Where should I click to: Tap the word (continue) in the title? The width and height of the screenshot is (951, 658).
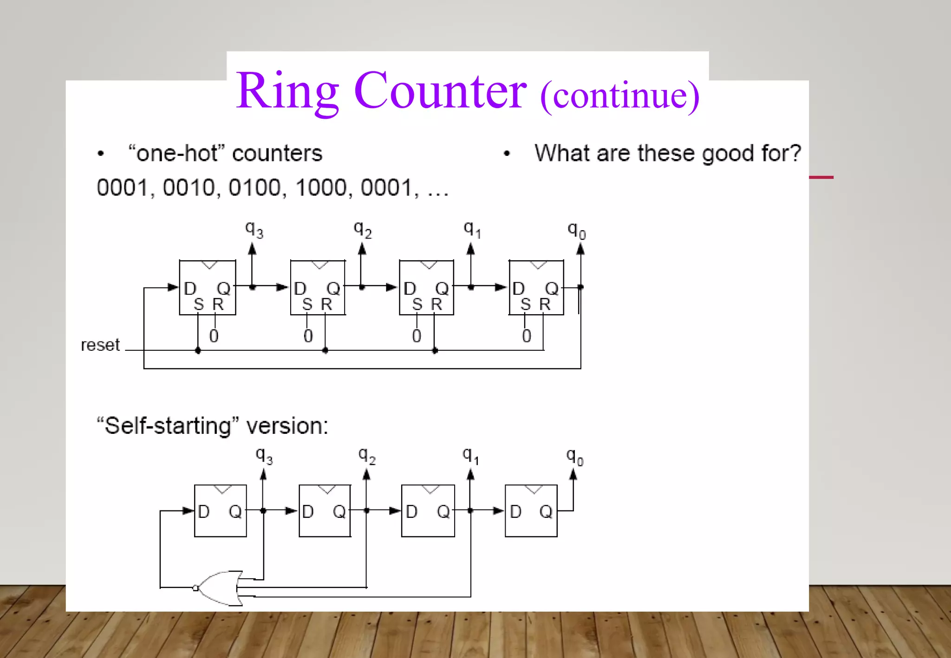point(619,96)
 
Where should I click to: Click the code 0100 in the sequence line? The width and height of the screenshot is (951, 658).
point(255,188)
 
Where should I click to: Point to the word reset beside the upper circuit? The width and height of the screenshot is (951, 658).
point(100,345)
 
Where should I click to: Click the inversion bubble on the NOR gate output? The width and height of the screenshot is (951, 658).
point(195,588)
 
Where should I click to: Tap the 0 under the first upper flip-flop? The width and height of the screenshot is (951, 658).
point(214,336)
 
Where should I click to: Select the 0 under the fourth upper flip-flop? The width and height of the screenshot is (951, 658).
point(526,336)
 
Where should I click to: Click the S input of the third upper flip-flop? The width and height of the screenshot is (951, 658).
point(417,304)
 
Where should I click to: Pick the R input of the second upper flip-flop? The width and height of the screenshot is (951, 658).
point(326,304)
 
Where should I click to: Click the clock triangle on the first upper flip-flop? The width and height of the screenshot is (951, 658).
point(209,264)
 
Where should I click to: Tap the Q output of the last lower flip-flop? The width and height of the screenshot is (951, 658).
point(546,512)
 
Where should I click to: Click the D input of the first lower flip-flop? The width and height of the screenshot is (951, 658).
point(204,512)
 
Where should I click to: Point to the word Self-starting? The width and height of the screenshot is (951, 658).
point(167,426)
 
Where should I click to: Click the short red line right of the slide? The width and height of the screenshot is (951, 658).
point(821,177)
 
